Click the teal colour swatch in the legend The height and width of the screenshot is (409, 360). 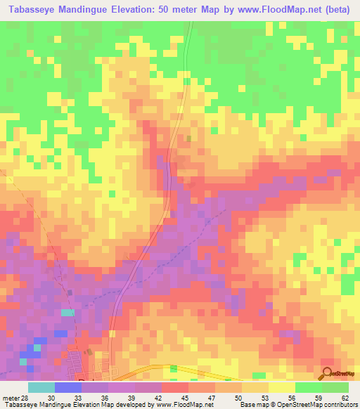coord(41,387)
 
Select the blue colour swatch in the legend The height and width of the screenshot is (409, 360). coord(68,387)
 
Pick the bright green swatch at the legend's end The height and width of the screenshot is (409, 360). coord(335,387)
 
